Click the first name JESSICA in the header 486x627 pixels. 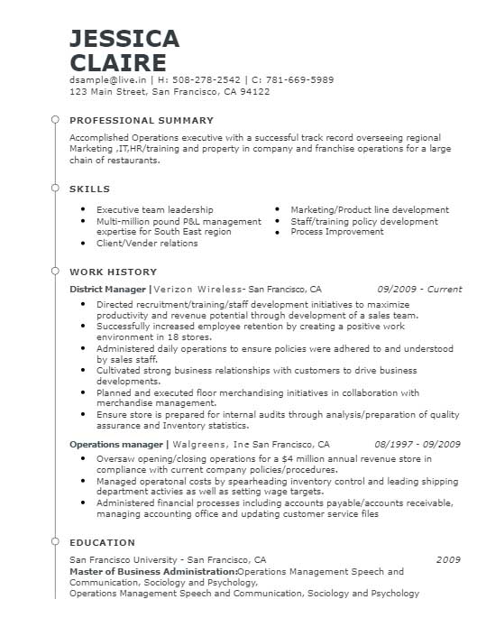[x=124, y=38]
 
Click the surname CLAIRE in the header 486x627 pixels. [x=117, y=62]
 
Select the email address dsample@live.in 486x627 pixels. [x=104, y=79]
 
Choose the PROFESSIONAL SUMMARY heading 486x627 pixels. [x=142, y=120]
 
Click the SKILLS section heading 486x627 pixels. [x=89, y=189]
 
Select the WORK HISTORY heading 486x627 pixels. [x=113, y=272]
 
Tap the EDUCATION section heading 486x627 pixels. [x=102, y=542]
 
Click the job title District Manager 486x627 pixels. [x=107, y=290]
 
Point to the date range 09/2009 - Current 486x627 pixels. [x=419, y=290]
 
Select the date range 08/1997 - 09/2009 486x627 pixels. [x=417, y=444]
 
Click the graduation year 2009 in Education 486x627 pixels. [x=448, y=559]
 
